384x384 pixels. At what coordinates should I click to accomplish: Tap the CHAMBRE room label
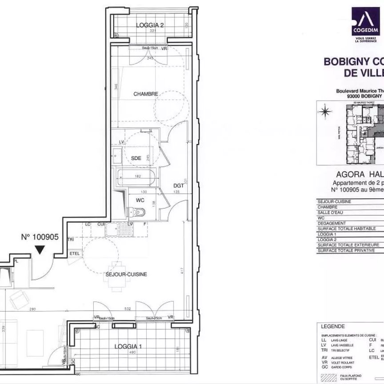pyautogui.click(x=146, y=94)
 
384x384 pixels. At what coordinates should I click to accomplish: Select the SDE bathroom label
pyautogui.click(x=136, y=157)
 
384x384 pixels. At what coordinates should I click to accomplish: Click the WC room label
pyautogui.click(x=140, y=200)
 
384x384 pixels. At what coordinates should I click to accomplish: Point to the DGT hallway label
pyautogui.click(x=179, y=186)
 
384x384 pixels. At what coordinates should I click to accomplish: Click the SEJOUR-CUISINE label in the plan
pyautogui.click(x=127, y=274)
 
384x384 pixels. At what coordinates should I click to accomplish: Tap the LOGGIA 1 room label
pyautogui.click(x=128, y=346)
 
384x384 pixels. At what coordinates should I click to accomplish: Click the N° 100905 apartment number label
pyautogui.click(x=40, y=237)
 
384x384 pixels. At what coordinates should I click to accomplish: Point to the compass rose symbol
pyautogui.click(x=327, y=111)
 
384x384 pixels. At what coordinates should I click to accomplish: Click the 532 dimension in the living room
pyautogui.click(x=128, y=309)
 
